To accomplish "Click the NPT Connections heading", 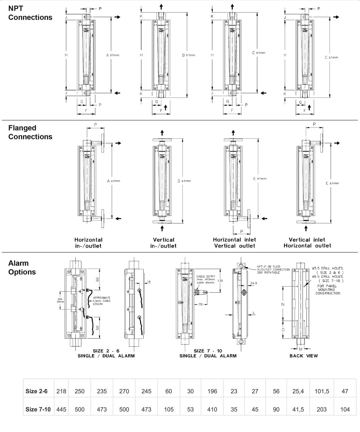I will (30, 13).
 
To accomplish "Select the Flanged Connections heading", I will (30, 132).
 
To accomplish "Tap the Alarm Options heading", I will (22, 268).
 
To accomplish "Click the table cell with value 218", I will (61, 391).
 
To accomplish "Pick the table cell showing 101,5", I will (322, 391).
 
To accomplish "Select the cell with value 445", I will (61, 409).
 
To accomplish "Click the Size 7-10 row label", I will (38, 409).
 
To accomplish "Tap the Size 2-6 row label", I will (37, 391).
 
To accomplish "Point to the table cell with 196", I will (212, 391).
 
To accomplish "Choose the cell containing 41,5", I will (298, 409).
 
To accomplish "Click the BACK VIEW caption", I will (304, 356).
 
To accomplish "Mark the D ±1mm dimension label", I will (184, 181).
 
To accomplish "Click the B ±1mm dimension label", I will (189, 55).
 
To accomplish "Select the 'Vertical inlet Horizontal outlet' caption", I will (307, 242).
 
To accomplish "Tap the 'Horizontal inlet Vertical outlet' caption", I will (234, 242).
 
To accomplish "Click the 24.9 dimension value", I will (254, 283).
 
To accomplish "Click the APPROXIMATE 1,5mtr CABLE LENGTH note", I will (101, 301).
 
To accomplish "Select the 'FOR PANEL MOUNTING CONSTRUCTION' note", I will (327, 289).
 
